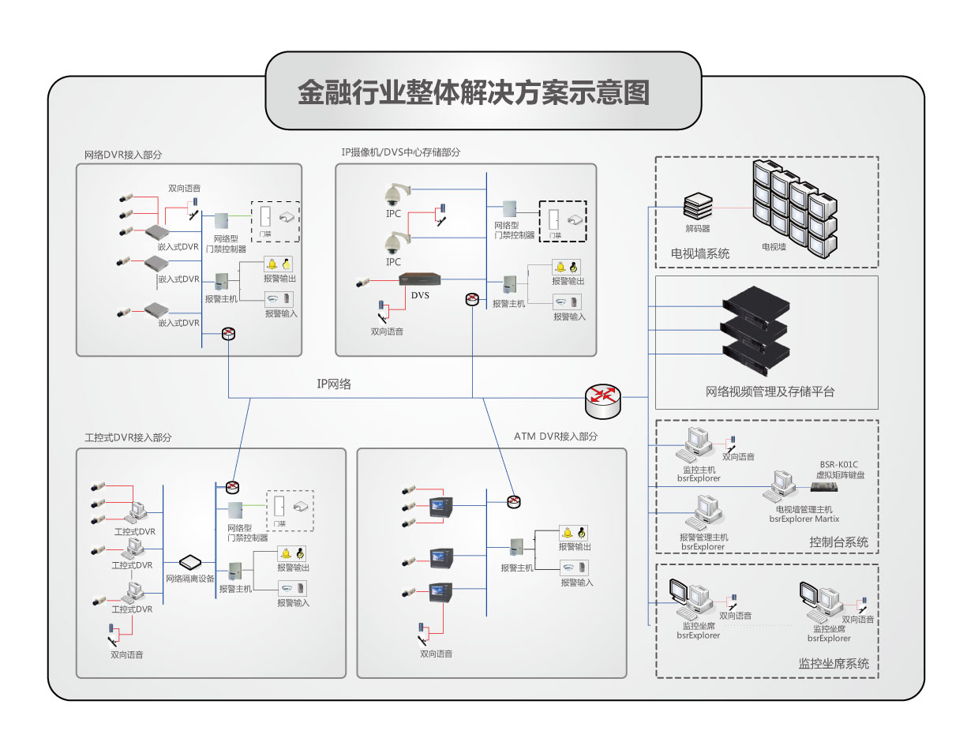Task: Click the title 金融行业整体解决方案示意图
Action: [x=474, y=93]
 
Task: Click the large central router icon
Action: [x=603, y=400]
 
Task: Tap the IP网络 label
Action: [x=334, y=384]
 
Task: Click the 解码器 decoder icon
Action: [x=698, y=208]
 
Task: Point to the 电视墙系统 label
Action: [x=700, y=253]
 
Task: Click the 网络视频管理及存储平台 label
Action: [x=770, y=392]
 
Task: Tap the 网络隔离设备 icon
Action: [x=190, y=563]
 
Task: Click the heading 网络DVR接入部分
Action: [x=128, y=155]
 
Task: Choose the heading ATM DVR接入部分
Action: [x=556, y=436]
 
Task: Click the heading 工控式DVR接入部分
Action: [x=128, y=437]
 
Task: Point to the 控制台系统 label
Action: [x=838, y=542]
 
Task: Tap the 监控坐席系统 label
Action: [x=834, y=663]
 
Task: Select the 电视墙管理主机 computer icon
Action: [x=781, y=483]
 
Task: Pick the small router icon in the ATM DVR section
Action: [x=514, y=501]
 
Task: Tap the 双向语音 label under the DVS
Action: [x=387, y=332]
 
